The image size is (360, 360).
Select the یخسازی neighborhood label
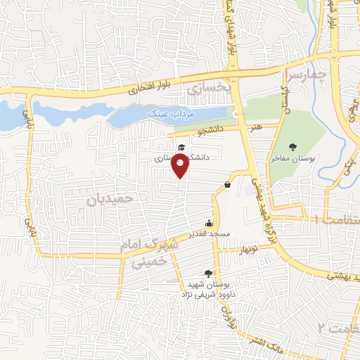[x=210, y=89]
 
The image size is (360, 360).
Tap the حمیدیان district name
[x=110, y=200]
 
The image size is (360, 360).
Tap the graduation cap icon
[x=181, y=147]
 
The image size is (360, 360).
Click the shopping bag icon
[x=228, y=185]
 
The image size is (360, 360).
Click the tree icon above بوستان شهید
[x=208, y=274]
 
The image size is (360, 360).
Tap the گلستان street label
[x=285, y=98]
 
